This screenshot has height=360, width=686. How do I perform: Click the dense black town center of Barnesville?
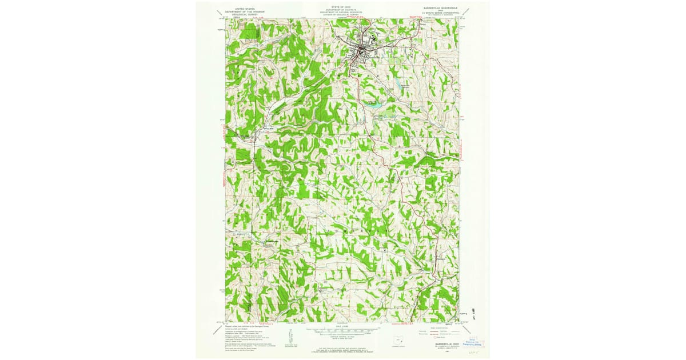point(362,53)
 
